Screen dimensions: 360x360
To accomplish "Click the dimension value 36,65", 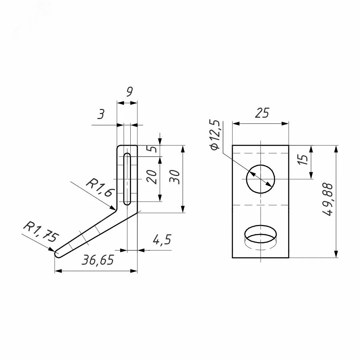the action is coord(98,260).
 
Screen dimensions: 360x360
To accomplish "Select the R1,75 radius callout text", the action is coord(41,232).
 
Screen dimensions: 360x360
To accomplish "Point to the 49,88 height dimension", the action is coord(328,200).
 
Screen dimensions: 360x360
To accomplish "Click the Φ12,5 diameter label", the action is coord(215,135).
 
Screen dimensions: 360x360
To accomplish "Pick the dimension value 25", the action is coord(262,113).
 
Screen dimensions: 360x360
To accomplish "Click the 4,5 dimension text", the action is coord(162,240).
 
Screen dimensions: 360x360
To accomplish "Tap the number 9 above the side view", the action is coord(130,92).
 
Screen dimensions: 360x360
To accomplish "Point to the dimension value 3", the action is coord(101,114).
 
